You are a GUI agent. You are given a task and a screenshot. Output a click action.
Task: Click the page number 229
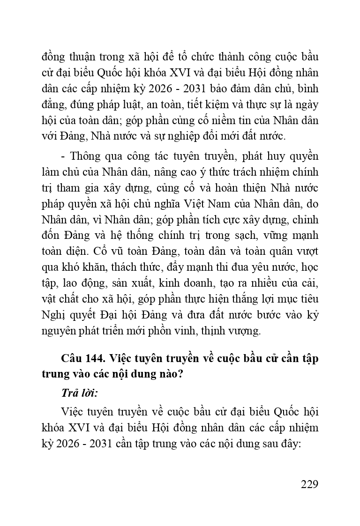pyautogui.click(x=309, y=484)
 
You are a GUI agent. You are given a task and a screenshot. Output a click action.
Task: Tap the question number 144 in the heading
pyautogui.click(x=93, y=359)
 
